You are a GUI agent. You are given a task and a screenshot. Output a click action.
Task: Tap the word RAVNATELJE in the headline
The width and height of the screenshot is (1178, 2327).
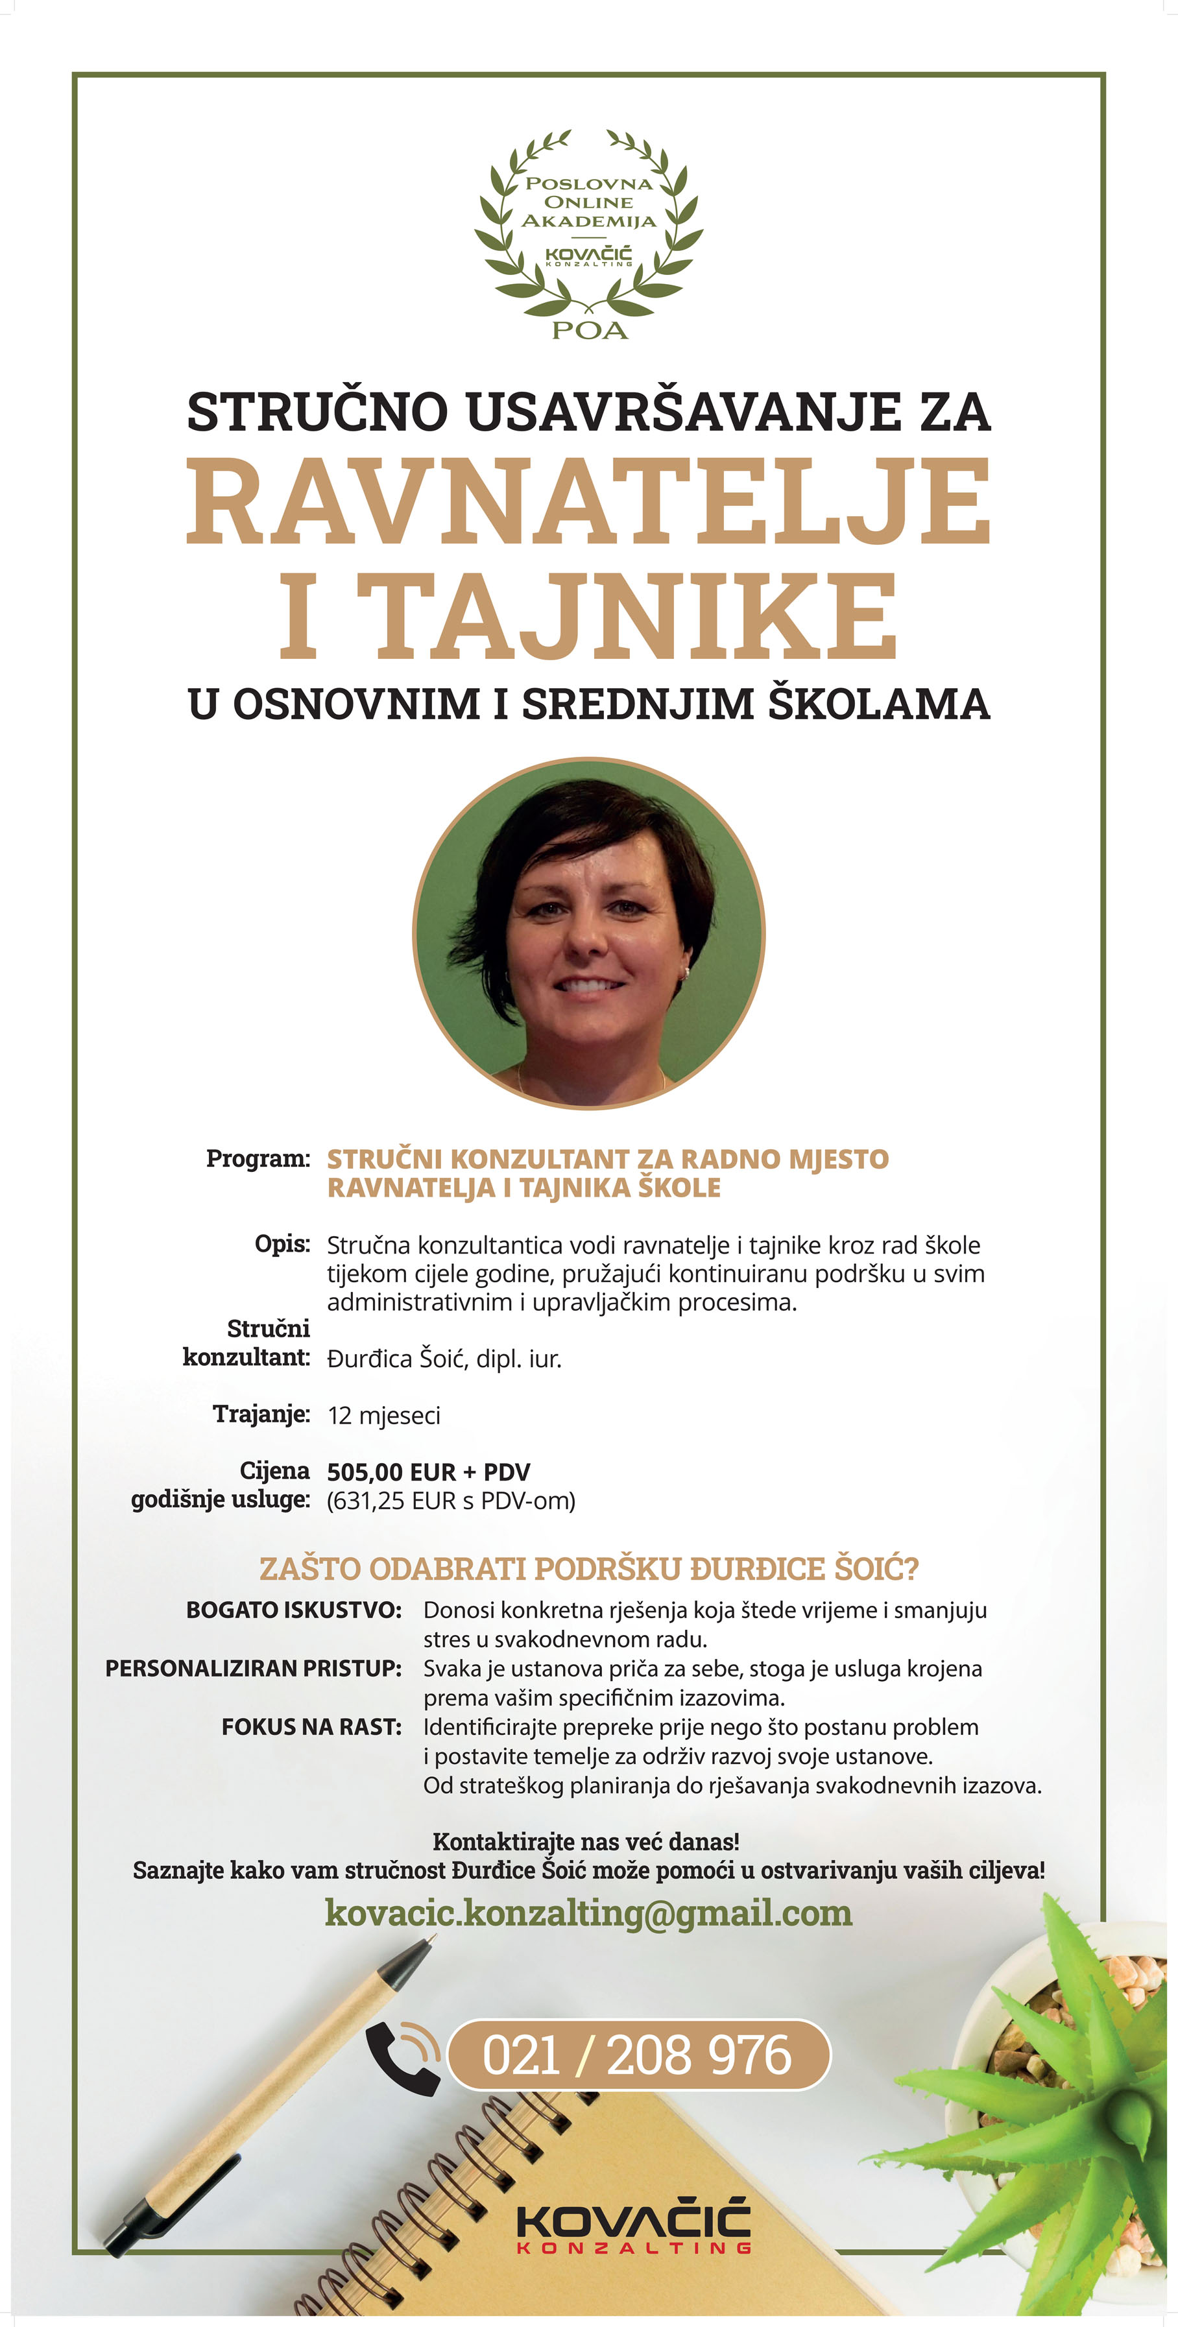tap(589, 501)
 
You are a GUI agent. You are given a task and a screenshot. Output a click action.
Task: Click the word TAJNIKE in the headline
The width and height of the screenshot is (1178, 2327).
tap(634, 616)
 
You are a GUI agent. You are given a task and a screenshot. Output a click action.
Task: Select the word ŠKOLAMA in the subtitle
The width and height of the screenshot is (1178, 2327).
tap(879, 704)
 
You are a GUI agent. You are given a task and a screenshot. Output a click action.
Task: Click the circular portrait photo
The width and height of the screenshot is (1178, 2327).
tap(589, 932)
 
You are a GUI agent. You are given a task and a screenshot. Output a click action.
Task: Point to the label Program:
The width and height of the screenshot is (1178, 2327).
tap(258, 1158)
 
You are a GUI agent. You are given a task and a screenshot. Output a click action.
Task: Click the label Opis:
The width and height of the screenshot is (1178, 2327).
tap(282, 1244)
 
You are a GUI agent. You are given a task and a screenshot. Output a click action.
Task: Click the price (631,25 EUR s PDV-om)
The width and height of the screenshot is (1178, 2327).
tap(451, 1501)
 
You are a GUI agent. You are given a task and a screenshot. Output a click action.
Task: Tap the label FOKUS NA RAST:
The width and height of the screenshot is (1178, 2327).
tap(311, 1727)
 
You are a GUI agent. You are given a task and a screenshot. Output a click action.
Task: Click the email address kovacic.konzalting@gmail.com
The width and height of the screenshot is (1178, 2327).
tap(588, 1913)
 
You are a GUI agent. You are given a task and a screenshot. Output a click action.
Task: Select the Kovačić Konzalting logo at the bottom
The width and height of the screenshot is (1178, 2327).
tap(633, 2230)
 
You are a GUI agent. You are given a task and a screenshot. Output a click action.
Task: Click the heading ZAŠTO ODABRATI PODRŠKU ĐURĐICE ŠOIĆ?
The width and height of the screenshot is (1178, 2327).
tap(588, 1569)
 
